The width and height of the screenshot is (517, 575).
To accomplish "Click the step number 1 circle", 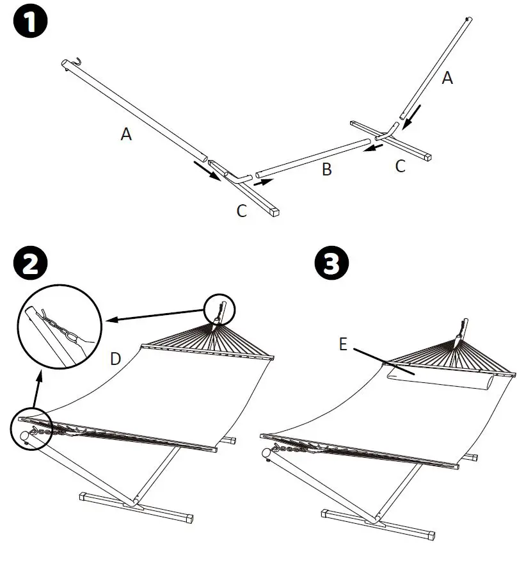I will pyautogui.click(x=29, y=26).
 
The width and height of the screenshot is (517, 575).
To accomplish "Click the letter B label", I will pyautogui.click(x=327, y=170).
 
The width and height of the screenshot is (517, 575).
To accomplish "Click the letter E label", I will pyautogui.click(x=342, y=346).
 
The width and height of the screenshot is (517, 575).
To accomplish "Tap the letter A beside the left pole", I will pyautogui.click(x=127, y=134).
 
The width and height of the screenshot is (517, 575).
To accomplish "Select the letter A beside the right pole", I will pyautogui.click(x=448, y=78).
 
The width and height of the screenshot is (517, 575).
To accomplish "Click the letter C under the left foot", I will pyautogui.click(x=242, y=211).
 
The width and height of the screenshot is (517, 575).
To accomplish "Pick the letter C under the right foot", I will pyautogui.click(x=401, y=166).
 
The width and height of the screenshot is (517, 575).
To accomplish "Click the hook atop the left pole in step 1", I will pyautogui.click(x=76, y=61).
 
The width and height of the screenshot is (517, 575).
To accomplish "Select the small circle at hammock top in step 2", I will pyautogui.click(x=220, y=309).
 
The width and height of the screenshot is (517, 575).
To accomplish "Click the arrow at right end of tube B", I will pyautogui.click(x=374, y=149).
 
